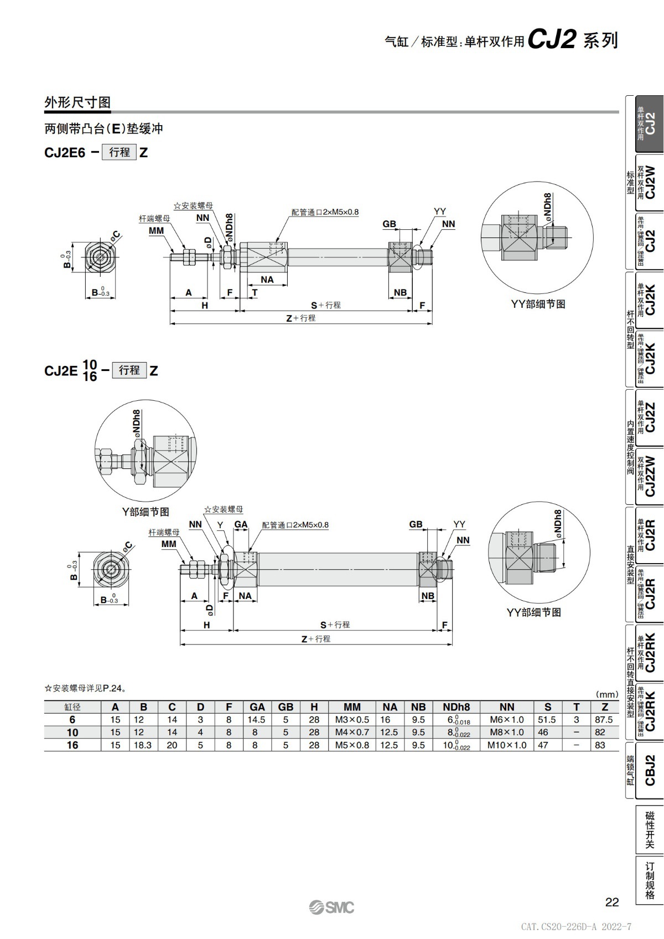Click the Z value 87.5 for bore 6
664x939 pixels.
click(x=604, y=720)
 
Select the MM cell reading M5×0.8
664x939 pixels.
click(x=352, y=745)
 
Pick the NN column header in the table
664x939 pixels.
click(x=506, y=707)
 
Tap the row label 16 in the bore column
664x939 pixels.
click(x=72, y=745)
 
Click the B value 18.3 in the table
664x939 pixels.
click(x=143, y=745)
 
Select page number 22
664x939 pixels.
click(x=611, y=902)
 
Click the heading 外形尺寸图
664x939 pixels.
click(x=77, y=102)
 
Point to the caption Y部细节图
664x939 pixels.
click(x=146, y=512)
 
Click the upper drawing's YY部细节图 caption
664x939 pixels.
click(x=538, y=304)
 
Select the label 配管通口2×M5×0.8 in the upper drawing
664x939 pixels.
click(x=325, y=212)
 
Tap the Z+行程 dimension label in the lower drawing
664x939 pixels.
click(x=315, y=638)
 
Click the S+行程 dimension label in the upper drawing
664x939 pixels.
click(x=325, y=305)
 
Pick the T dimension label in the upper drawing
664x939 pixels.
click(x=255, y=293)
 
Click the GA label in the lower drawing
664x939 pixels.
click(x=241, y=524)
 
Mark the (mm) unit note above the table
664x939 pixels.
click(x=606, y=694)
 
